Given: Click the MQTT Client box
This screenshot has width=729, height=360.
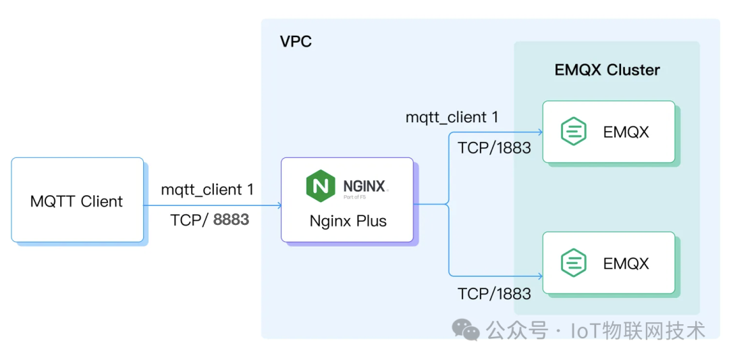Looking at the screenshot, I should coord(77,200).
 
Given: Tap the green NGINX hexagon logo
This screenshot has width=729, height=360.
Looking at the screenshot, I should coord(321,185).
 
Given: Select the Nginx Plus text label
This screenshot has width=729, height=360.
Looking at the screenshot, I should coord(348,221).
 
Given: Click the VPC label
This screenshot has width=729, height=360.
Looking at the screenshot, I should coord(296,42).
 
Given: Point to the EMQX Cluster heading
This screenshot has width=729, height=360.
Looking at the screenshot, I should coord(607,70).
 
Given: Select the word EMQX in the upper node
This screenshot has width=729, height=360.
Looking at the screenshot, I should coord(626,132).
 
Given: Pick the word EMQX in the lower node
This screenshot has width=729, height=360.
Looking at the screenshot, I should coord(626,263).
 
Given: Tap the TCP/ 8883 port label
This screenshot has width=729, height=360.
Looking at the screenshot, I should coord(209,220).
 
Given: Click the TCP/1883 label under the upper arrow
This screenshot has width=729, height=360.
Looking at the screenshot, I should coord(494,148).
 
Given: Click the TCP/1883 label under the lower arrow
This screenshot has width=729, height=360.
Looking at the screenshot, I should coord(494,293).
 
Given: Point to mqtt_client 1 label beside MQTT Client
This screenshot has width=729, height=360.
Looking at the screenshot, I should coord(207,190).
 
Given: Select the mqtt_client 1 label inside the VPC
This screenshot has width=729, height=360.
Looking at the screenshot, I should coord(452,118).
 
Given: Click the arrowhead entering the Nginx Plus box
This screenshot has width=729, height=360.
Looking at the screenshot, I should coord(277,205).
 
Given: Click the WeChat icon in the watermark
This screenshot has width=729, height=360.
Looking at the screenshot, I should coord(466,329).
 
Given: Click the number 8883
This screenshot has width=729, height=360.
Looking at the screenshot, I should coord(231,220).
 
